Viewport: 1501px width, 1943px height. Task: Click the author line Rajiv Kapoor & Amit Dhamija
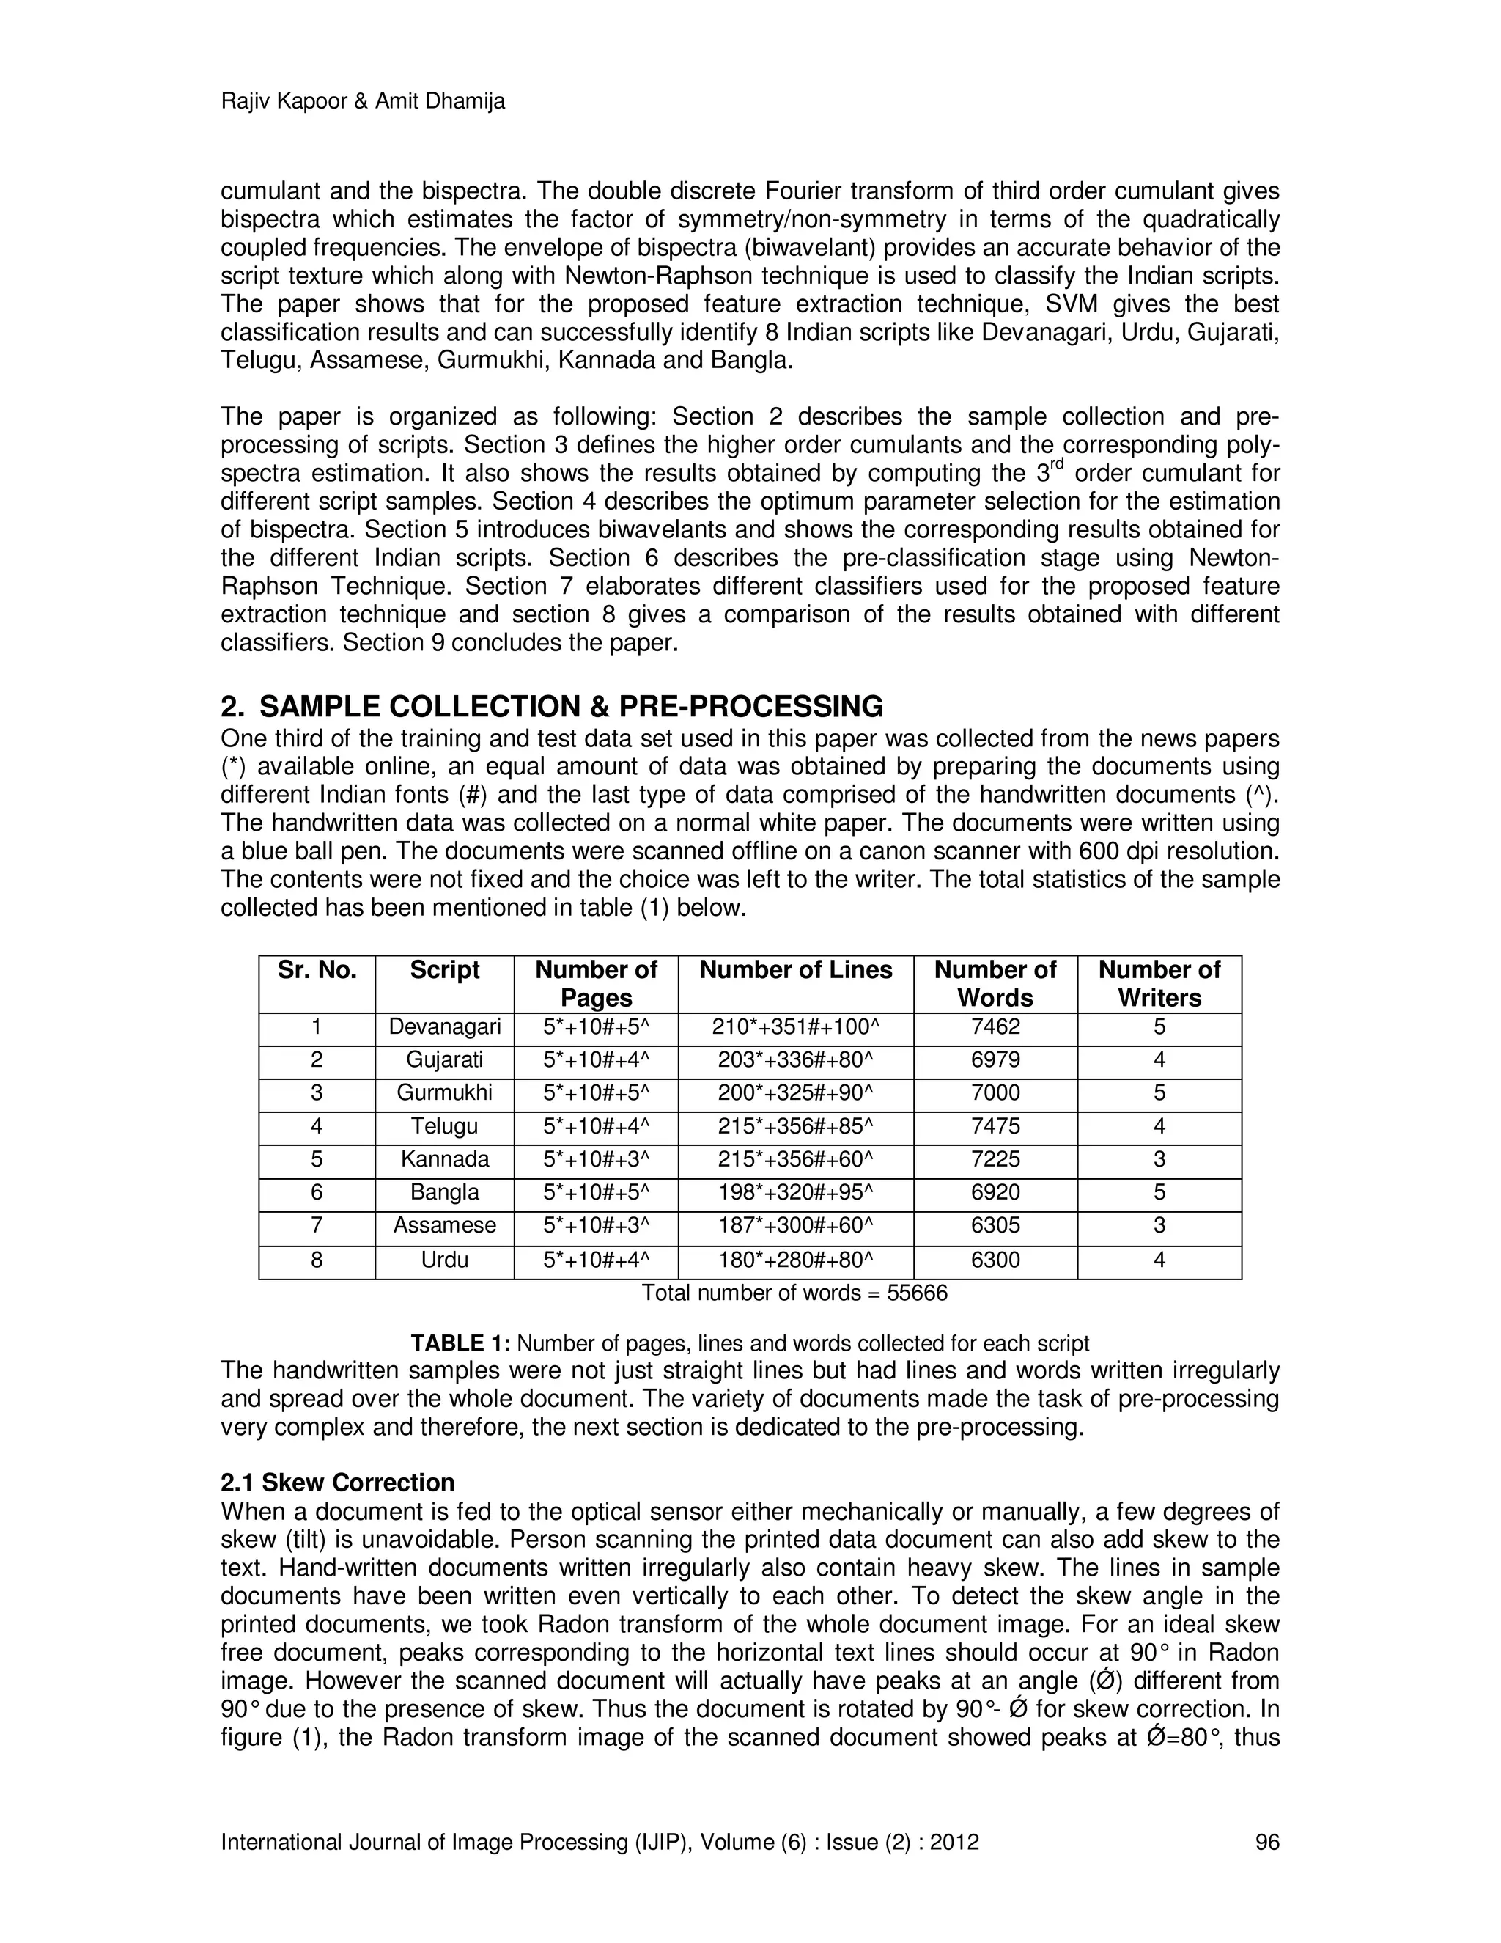[x=362, y=101]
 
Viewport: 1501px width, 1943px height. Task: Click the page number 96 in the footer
[x=1266, y=1842]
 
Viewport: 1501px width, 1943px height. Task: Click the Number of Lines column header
[x=795, y=970]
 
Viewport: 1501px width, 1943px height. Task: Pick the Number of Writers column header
[x=1159, y=983]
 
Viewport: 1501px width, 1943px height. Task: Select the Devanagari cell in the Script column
[x=445, y=1027]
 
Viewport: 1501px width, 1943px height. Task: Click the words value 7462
[x=995, y=1027]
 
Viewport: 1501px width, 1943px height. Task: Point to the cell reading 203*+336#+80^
[x=795, y=1060]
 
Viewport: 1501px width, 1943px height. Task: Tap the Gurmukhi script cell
[x=445, y=1093]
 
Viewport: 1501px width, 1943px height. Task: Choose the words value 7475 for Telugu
[x=995, y=1127]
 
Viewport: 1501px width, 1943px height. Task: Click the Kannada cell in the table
[x=445, y=1160]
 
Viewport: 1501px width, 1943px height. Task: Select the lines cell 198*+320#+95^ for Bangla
[x=795, y=1193]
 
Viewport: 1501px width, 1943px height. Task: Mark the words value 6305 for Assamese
[x=995, y=1226]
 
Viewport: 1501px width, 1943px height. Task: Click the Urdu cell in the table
[x=445, y=1260]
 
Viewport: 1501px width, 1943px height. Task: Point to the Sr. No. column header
[x=317, y=970]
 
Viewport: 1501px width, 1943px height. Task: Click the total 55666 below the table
[x=917, y=1293]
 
